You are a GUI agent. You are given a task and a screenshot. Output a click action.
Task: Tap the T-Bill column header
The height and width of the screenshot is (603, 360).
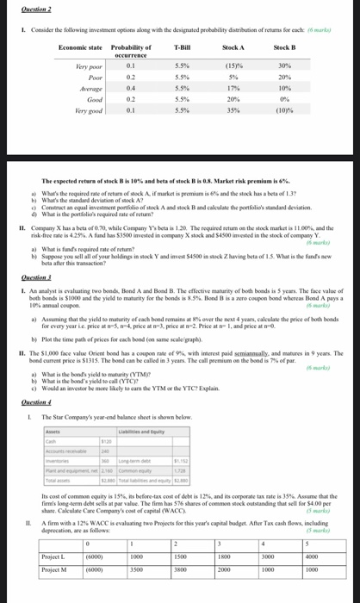(182, 47)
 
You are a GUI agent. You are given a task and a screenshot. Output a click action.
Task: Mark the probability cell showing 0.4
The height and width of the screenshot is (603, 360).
(131, 89)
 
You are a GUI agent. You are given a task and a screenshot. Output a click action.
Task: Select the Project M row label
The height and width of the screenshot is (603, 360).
(54, 569)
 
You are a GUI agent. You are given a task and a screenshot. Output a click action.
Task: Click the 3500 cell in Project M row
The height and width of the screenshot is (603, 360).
(136, 569)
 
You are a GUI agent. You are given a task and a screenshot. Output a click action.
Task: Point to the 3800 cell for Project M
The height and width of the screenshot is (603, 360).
(180, 569)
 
